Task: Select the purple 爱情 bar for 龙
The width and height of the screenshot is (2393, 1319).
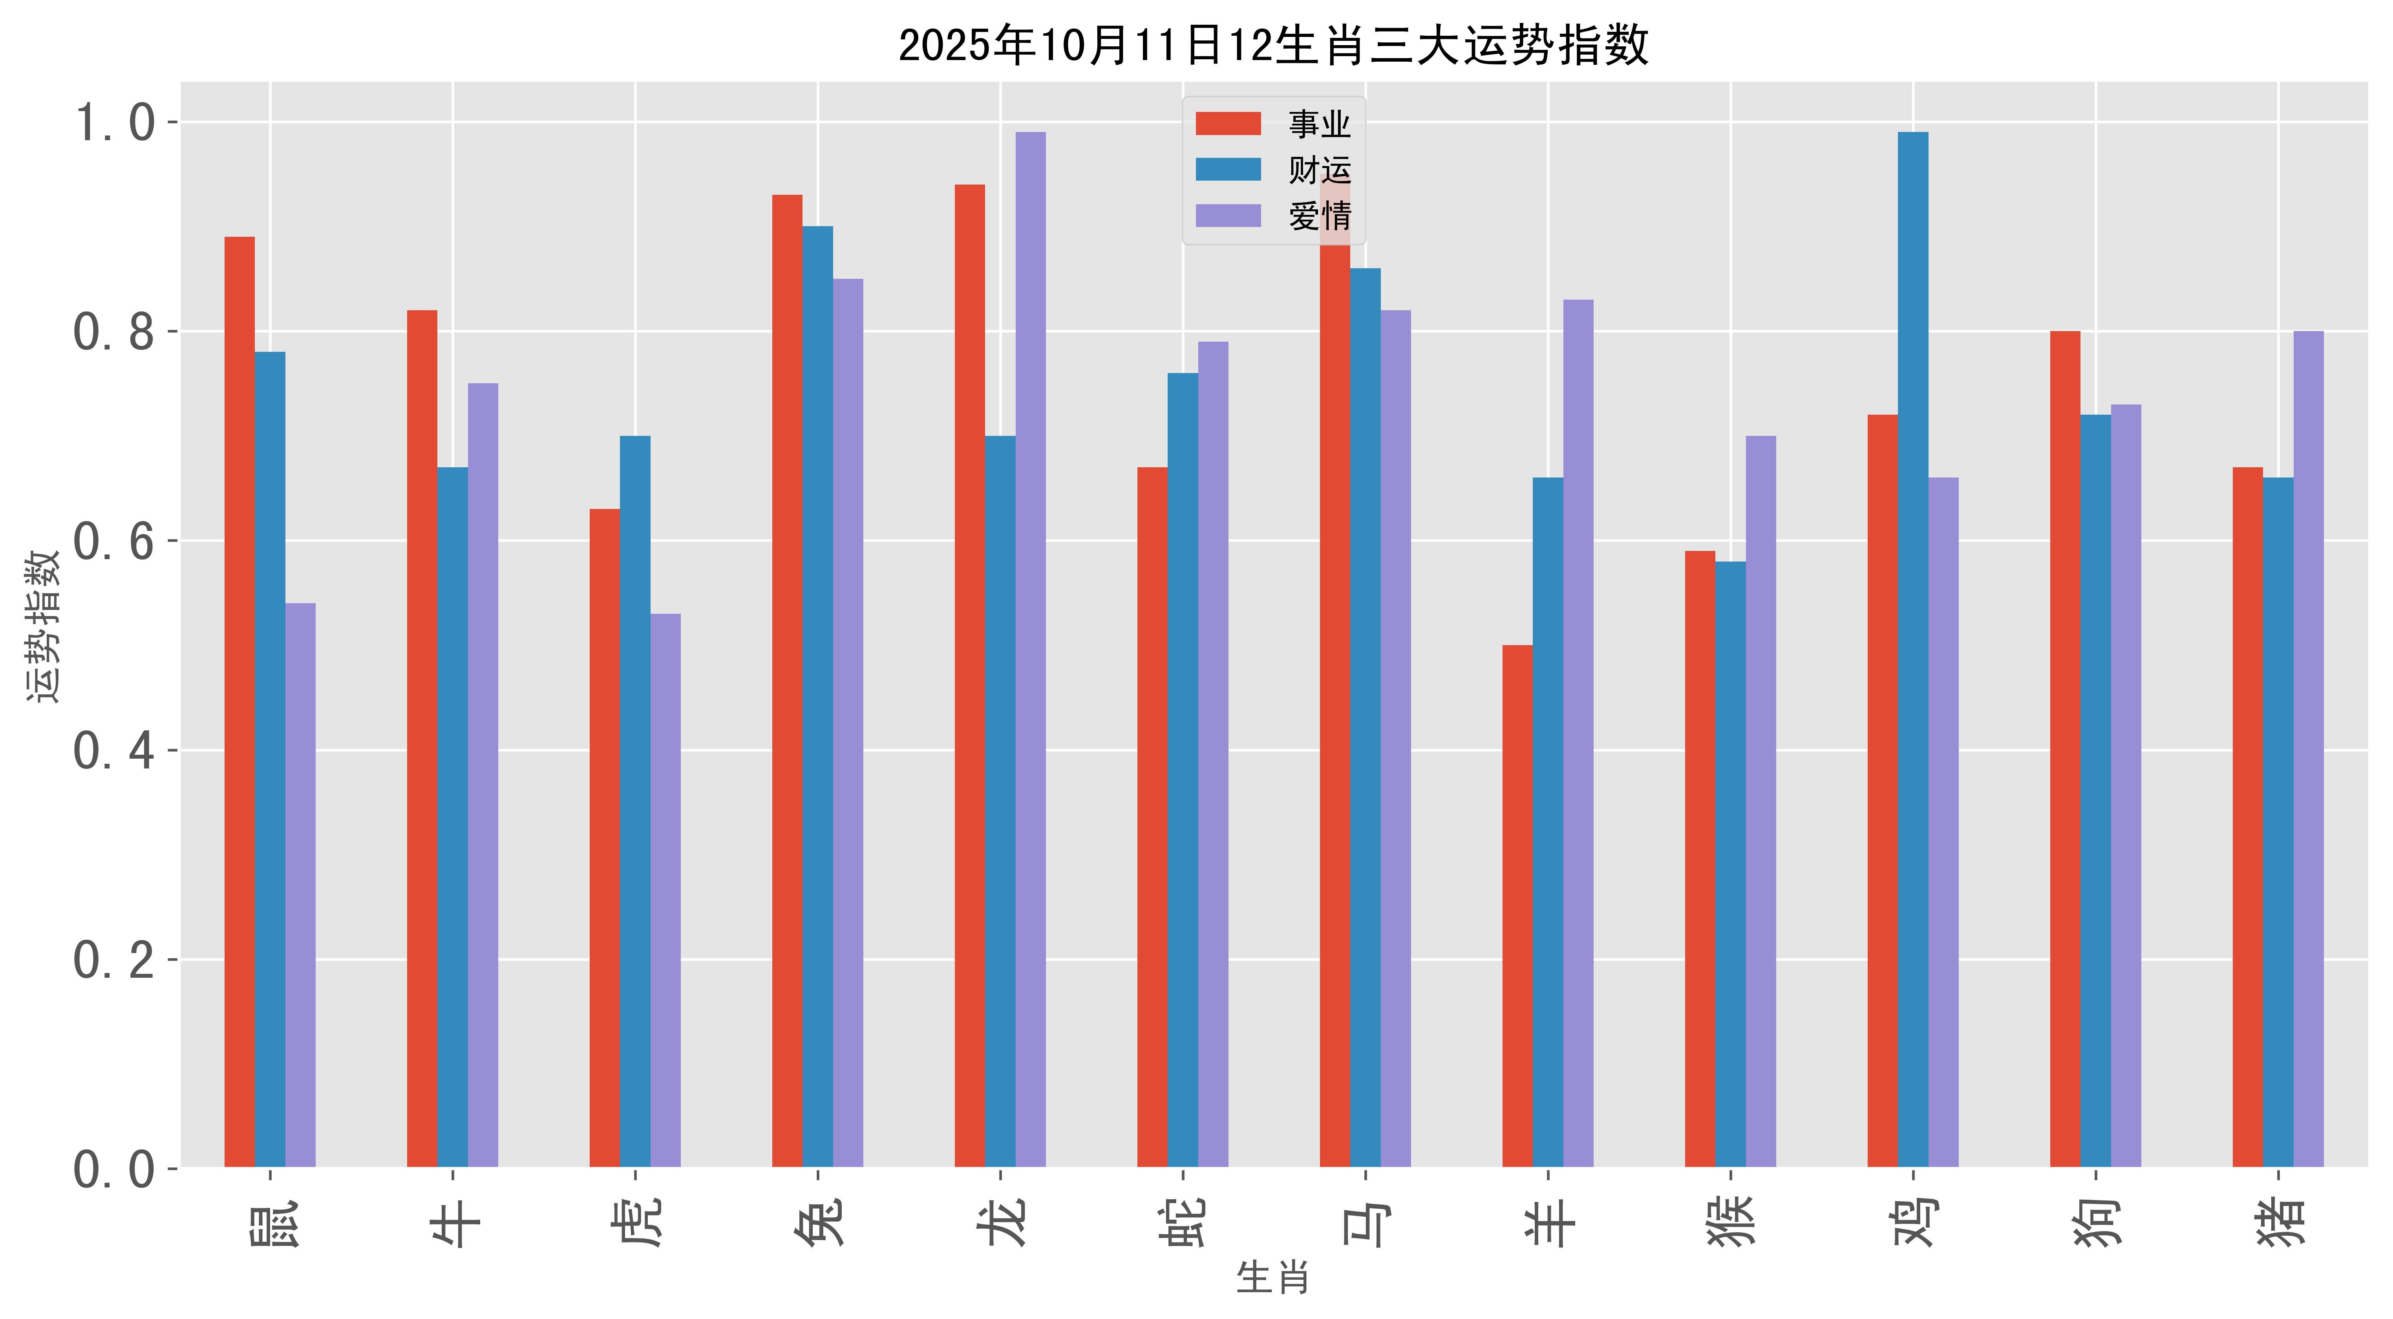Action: click(1030, 650)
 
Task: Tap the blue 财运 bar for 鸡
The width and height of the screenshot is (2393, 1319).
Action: click(1913, 650)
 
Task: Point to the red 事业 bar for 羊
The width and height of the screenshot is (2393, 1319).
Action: click(1517, 906)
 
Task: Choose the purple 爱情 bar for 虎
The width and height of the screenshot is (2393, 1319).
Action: click(665, 890)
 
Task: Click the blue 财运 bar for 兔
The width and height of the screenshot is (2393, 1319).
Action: click(817, 697)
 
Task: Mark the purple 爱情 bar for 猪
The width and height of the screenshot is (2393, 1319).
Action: click(2309, 749)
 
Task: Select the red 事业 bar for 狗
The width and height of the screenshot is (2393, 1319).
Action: click(2065, 749)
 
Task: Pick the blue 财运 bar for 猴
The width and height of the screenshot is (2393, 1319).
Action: click(1731, 864)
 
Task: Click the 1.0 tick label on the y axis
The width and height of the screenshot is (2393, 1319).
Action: click(113, 123)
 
